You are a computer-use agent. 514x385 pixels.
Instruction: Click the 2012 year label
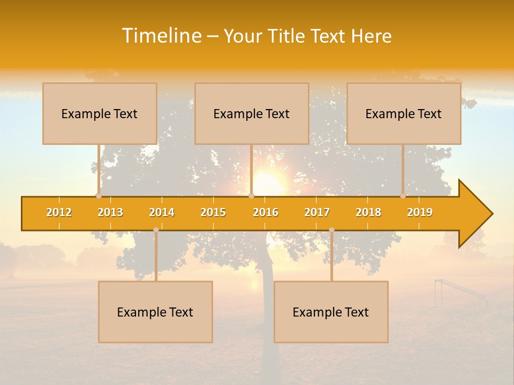(x=59, y=212)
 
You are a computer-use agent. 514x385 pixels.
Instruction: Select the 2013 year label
(x=110, y=212)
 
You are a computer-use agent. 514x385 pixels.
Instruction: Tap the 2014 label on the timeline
(x=162, y=212)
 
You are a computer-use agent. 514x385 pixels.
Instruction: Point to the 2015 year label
(x=213, y=212)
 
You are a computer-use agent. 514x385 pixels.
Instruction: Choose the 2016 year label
(x=266, y=212)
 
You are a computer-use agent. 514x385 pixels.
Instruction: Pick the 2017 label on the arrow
(x=317, y=212)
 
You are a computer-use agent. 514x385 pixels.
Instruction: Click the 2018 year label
(x=368, y=212)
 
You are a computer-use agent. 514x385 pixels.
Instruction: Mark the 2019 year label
(x=420, y=212)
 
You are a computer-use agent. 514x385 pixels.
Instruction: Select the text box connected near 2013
(x=100, y=113)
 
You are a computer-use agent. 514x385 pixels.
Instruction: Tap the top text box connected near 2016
(x=252, y=113)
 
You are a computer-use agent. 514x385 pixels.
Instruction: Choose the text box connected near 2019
(x=404, y=113)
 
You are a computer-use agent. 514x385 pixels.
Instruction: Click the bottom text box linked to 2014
(x=155, y=312)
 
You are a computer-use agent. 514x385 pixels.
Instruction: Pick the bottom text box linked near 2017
(x=331, y=312)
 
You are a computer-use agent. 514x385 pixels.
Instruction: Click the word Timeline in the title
(x=161, y=36)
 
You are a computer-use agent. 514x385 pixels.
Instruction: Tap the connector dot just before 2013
(x=99, y=196)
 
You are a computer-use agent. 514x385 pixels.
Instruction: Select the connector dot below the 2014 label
(x=156, y=230)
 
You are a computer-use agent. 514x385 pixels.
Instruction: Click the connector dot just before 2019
(x=403, y=196)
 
